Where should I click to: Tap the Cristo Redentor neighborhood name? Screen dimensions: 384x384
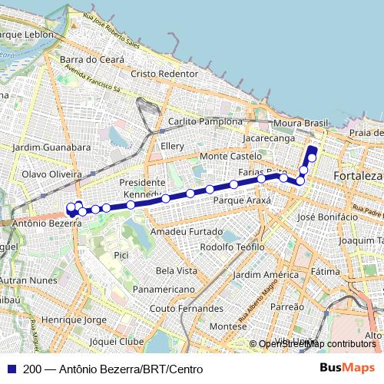coord(165,74)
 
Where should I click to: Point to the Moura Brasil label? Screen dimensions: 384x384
coord(300,123)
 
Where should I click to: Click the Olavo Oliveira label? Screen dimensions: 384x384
coord(51,174)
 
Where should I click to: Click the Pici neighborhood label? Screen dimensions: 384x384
coord(121,254)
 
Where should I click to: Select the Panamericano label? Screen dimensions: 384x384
coord(163,290)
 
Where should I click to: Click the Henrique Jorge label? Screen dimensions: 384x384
coord(74,319)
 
